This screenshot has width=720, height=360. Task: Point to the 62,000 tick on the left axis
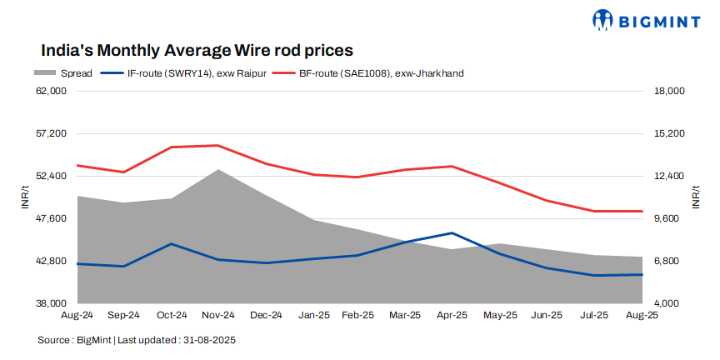(52, 91)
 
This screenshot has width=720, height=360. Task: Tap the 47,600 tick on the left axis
(52, 218)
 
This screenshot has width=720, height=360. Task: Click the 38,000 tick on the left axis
(52, 303)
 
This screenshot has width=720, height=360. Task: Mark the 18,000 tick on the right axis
(667, 91)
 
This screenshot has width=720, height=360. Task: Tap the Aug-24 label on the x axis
(77, 315)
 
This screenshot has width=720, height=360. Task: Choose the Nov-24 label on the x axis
(218, 315)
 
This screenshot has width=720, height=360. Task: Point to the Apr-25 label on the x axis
(452, 315)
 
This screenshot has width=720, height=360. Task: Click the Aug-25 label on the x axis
(642, 315)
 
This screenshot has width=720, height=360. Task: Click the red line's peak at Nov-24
(218, 146)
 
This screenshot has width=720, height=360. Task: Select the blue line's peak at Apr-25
(452, 233)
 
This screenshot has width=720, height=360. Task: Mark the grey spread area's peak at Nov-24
(218, 170)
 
